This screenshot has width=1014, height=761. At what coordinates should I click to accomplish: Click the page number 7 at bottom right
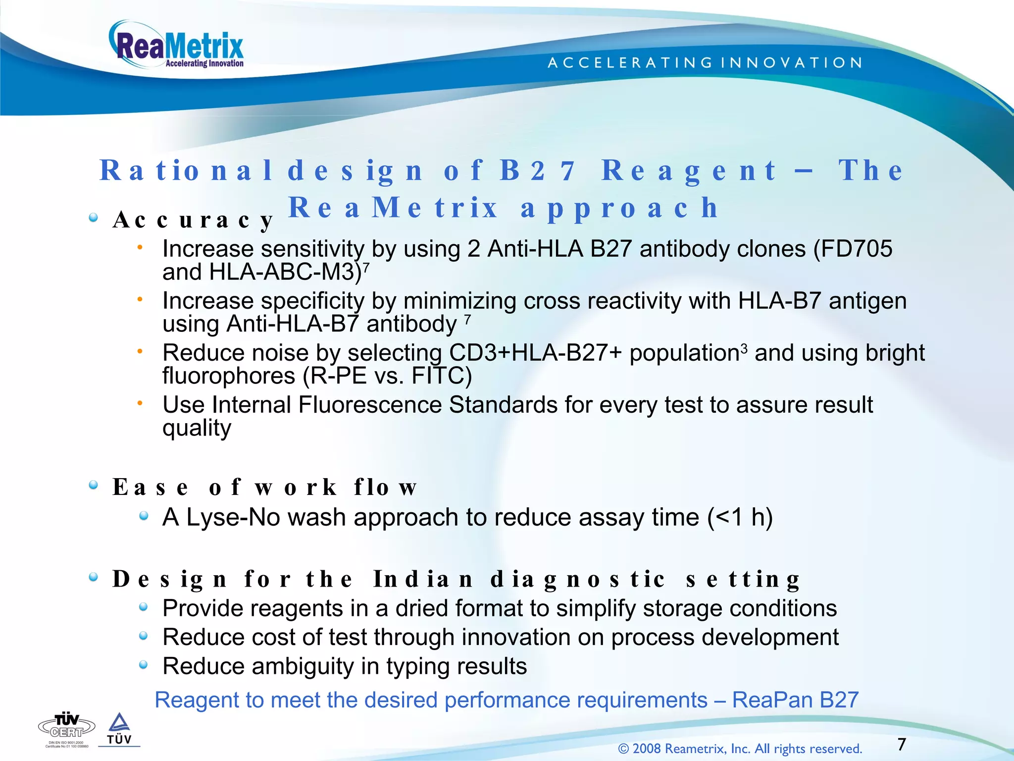click(902, 744)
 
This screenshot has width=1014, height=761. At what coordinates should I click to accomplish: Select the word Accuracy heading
click(193, 219)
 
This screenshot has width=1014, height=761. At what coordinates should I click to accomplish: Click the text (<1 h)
click(740, 517)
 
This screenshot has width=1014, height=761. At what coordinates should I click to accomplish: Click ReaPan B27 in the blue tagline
click(795, 700)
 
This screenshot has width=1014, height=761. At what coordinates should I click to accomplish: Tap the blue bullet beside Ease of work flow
click(93, 485)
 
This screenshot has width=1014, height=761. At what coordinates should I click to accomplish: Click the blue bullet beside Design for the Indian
click(93, 577)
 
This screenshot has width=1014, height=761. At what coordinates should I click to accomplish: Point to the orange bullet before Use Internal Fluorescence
click(140, 404)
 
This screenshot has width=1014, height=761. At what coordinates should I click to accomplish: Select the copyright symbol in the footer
click(623, 749)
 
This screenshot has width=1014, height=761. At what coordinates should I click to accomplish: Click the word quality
click(197, 428)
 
